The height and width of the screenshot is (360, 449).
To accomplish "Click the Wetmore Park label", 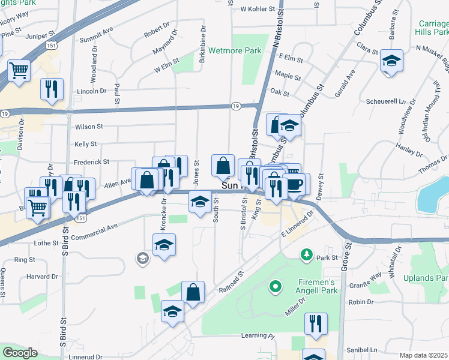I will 235,51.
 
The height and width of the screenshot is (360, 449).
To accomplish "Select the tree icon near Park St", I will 307,256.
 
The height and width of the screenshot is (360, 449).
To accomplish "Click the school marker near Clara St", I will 391,61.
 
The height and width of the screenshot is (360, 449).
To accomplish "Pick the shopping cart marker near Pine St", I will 19,70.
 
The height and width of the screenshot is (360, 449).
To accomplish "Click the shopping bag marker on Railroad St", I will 193,293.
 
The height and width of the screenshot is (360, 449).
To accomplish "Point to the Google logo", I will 20,353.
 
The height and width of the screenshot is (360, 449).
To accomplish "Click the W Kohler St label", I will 257,10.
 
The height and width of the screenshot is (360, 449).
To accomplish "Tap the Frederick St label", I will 91,162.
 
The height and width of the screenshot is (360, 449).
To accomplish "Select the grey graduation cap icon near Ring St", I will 142,259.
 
